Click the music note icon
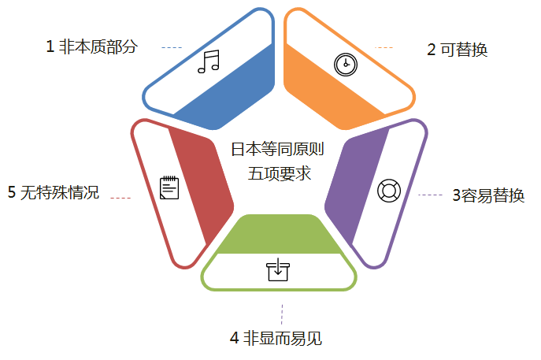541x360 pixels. coord(208,61)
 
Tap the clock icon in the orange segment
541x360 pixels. coord(343,65)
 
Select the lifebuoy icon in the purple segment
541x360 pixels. coord(389,191)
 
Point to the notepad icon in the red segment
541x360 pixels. coord(169,187)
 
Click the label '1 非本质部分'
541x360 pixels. coord(91,47)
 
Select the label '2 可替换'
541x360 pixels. coord(457,50)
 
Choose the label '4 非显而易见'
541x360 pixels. coord(276,339)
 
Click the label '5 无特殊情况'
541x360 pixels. coord(54,192)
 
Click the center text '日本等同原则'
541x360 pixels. coord(277,149)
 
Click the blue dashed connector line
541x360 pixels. coord(172,48)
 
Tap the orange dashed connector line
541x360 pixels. coord(385,48)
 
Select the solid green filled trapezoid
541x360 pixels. coord(277,235)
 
